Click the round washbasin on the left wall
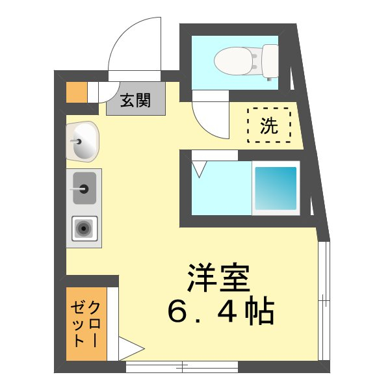(83, 141)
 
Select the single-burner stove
(83, 228)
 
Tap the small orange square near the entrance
(77, 92)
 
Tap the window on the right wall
(324, 299)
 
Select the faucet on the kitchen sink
(83, 189)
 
